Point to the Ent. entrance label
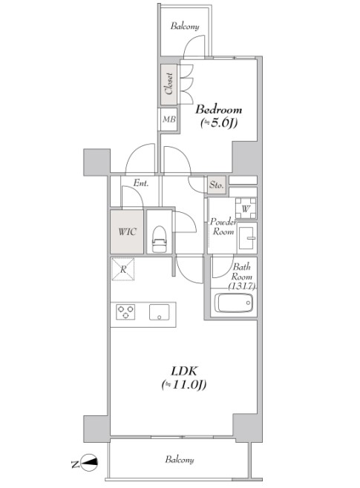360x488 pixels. click(141, 183)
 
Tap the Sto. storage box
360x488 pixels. click(217, 183)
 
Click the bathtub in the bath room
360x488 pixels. click(233, 303)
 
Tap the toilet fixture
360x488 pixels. click(158, 239)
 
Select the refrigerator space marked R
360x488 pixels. click(123, 270)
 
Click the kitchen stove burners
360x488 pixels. click(123, 312)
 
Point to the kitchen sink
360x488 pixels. click(160, 312)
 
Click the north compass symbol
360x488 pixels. click(89, 462)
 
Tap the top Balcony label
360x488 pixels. click(185, 27)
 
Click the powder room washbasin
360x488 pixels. click(246, 239)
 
